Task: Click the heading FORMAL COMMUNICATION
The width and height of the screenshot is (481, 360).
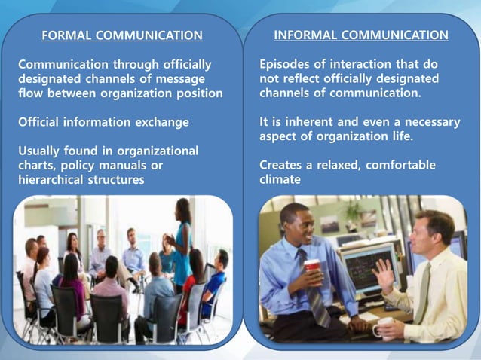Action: (121, 35)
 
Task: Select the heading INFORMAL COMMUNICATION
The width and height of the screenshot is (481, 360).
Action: (360, 35)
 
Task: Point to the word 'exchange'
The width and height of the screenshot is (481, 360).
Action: (163, 121)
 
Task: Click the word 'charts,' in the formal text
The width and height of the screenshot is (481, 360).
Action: (38, 165)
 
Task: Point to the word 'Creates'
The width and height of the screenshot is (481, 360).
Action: (283, 165)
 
